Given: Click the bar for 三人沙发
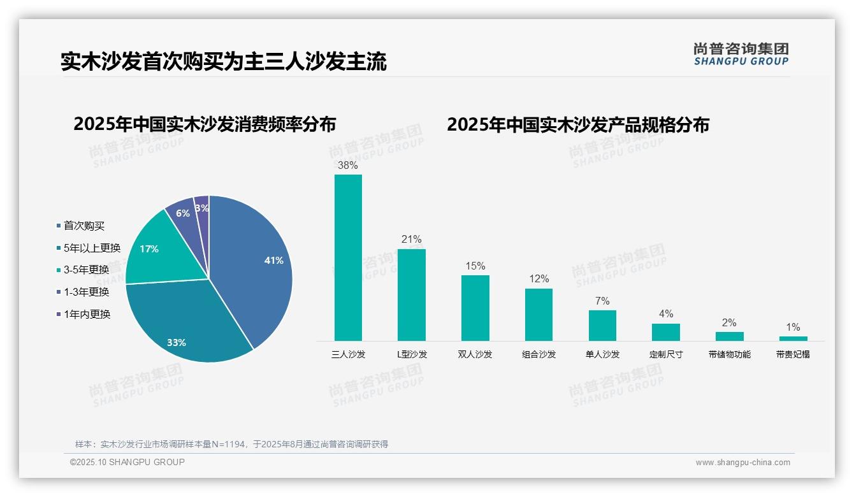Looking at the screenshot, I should (x=348, y=257).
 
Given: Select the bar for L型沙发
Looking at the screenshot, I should (x=411, y=294).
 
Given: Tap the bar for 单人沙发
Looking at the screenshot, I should (x=602, y=325).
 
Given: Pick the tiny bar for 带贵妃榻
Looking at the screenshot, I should (x=793, y=338).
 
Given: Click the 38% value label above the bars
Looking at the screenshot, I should (x=348, y=165).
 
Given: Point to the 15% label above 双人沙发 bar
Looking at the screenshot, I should (x=475, y=266).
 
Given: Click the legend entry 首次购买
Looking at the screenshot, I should (x=83, y=226).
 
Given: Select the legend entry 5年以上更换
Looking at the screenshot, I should (x=92, y=248).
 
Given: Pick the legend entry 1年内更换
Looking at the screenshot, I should (x=87, y=314).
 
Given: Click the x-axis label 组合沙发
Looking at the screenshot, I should (x=539, y=354).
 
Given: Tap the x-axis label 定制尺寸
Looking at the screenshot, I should (x=666, y=354).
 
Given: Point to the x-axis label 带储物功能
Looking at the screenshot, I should (x=729, y=354).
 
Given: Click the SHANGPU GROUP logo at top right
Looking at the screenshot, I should (x=741, y=54).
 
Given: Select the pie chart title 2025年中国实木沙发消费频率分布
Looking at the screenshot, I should (x=205, y=124).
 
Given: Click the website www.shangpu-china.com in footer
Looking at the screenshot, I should (x=742, y=463).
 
